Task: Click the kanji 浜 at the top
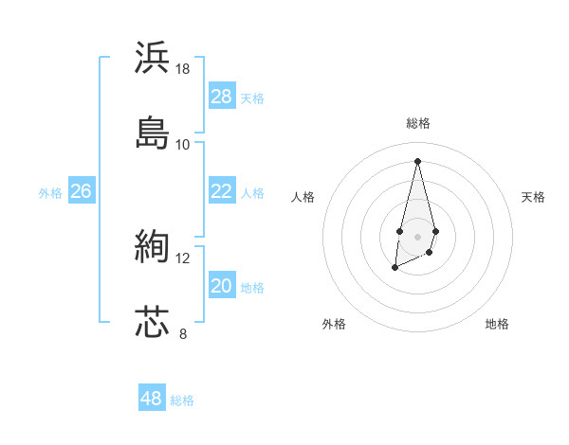point(153,57)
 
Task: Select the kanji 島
point(153,132)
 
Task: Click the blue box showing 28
point(222,97)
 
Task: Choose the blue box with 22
point(222,191)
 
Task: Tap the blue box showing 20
point(222,286)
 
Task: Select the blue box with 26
point(81,191)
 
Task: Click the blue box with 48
point(152,399)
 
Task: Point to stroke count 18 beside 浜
point(183,69)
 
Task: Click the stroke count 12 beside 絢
point(183,258)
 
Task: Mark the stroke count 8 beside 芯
point(183,333)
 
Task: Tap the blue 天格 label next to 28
point(252,98)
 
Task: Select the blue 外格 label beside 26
point(50,193)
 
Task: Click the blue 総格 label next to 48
point(182,400)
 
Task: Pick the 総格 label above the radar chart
point(418,123)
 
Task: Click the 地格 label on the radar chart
point(497,324)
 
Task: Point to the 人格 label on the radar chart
point(303,197)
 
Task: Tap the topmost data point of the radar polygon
point(417,160)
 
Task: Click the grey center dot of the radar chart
point(417,235)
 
